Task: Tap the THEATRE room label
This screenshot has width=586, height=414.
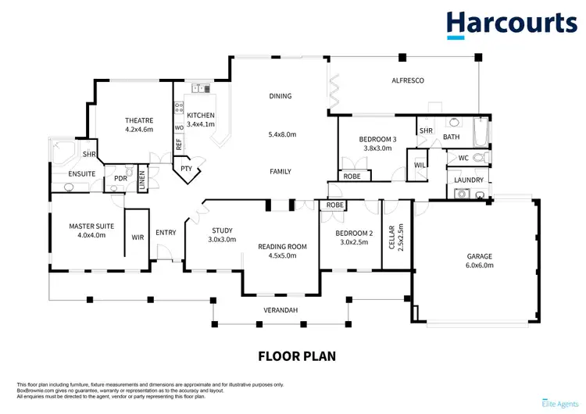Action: tap(139, 120)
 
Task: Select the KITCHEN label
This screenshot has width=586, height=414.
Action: tap(201, 116)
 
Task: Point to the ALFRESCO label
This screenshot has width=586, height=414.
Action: tap(407, 80)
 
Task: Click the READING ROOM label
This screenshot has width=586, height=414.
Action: tap(282, 247)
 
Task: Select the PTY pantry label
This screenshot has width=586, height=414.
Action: tap(186, 167)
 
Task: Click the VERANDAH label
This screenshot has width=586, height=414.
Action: tap(280, 310)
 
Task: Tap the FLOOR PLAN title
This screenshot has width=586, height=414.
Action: tap(297, 356)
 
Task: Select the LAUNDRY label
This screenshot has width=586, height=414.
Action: tap(470, 180)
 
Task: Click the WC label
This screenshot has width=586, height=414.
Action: tap(463, 159)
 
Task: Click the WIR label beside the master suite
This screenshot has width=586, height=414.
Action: tap(138, 237)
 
